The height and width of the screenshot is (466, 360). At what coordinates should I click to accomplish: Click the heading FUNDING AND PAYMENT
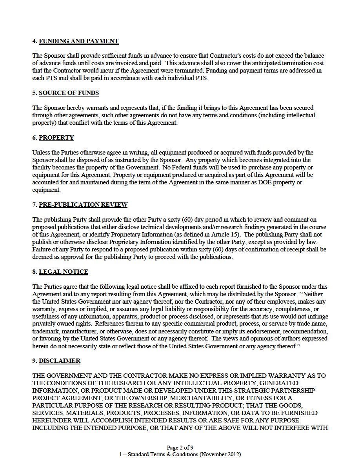pos(78,41)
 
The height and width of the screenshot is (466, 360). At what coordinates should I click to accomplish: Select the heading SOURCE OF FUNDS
pos(69,93)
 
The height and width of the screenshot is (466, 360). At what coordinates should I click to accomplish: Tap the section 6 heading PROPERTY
pos(56,138)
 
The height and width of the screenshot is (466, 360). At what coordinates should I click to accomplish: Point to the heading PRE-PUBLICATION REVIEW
pos(83,205)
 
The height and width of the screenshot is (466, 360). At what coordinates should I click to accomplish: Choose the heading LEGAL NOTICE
pos(63,272)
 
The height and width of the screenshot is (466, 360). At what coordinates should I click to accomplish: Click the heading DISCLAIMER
pos(59,361)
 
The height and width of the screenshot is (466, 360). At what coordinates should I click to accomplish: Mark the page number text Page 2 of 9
pos(180,448)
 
